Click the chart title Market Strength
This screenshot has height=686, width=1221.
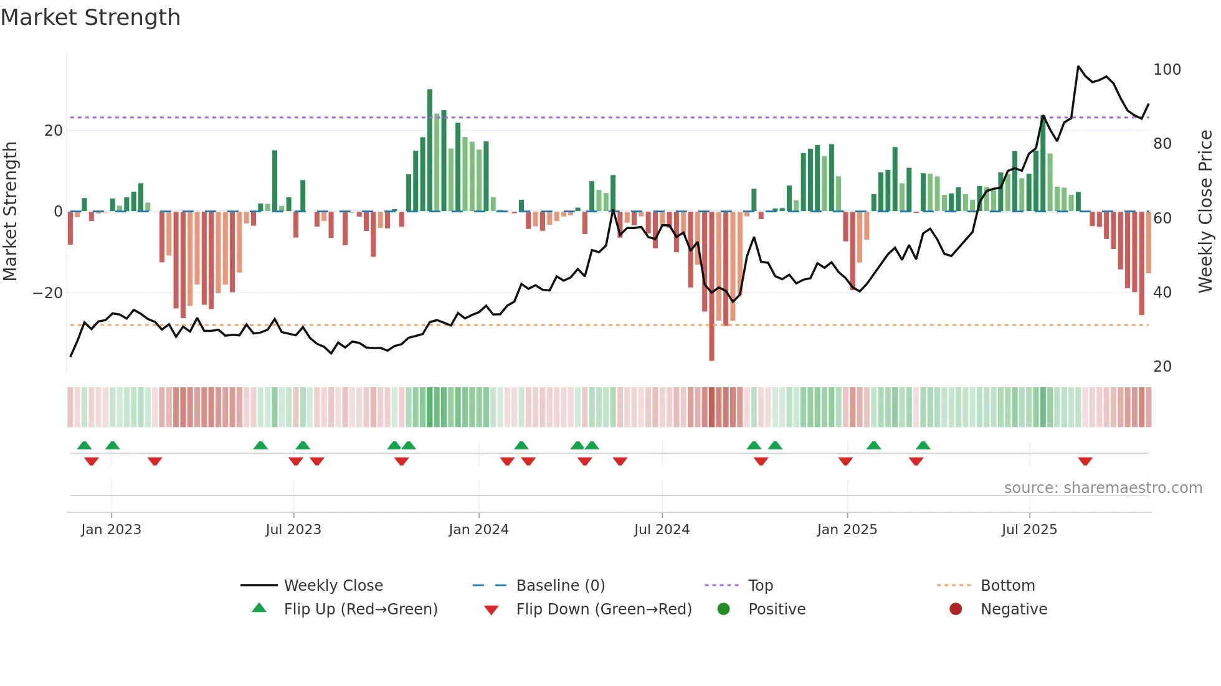(91, 17)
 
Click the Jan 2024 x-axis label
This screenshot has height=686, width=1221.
(478, 530)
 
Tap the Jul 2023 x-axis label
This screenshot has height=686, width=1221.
(293, 530)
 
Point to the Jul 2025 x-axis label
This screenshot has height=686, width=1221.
(1029, 530)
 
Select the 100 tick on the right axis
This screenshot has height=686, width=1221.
(1167, 70)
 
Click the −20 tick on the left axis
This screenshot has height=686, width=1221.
(48, 293)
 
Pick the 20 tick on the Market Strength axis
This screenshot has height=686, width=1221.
(54, 131)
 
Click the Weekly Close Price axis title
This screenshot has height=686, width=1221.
(1205, 212)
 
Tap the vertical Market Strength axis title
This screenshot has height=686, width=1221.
(11, 212)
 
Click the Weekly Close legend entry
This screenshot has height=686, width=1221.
(333, 586)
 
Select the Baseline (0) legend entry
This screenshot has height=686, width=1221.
(560, 586)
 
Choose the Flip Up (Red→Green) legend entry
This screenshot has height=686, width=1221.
(360, 609)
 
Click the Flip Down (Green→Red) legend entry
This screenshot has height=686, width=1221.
(604, 609)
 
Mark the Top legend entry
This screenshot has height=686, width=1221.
(760, 586)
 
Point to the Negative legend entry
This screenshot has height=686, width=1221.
(1014, 609)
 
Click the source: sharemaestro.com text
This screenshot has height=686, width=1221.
(1103, 488)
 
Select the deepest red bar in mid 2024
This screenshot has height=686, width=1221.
(711, 286)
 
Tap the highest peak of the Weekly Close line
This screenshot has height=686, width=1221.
(1078, 67)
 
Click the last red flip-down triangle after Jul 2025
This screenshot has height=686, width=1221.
(1085, 461)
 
